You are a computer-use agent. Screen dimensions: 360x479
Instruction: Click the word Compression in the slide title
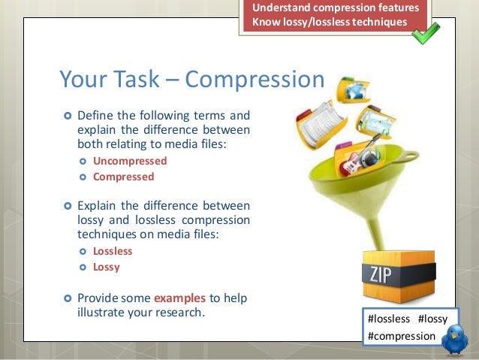coord(255,80)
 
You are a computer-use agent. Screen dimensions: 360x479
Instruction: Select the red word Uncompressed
coord(130,161)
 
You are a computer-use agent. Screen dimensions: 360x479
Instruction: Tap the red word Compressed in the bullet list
coord(123,177)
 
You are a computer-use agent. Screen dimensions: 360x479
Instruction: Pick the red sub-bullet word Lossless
coord(113,251)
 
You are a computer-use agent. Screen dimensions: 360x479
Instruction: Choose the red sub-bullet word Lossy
coord(106,267)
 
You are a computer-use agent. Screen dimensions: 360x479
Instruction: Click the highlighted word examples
coord(179,297)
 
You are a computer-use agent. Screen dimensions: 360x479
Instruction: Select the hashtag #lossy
coord(433,319)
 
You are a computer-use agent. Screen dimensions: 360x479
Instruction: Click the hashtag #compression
coord(401,335)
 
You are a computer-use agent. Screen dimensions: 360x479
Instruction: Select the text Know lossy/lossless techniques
coord(330,22)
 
